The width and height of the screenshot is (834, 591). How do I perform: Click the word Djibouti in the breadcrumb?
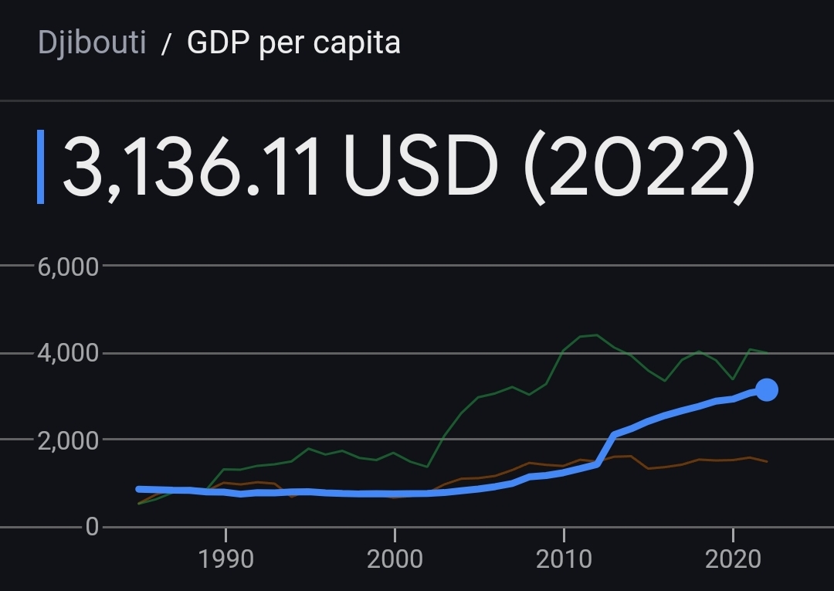point(92,43)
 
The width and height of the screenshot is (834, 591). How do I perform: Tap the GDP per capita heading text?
point(293,43)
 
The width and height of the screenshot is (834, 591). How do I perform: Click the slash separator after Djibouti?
point(165,45)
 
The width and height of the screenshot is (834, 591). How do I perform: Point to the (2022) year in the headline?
point(639,166)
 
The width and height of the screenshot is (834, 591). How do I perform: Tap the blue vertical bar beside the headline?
point(41,167)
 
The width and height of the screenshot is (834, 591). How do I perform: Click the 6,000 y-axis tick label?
point(68,267)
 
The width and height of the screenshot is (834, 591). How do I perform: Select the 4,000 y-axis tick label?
point(68,354)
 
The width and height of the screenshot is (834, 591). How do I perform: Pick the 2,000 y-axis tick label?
point(68,440)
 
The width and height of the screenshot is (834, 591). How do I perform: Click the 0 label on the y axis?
point(92,528)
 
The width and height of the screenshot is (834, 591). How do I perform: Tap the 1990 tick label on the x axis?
point(225,559)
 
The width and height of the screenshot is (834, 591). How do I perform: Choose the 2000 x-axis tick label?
point(394,559)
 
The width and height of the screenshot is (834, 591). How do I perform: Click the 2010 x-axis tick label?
point(564,559)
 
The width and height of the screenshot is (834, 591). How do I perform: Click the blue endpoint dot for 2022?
point(766,390)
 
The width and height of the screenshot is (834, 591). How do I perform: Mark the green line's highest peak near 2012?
point(596,335)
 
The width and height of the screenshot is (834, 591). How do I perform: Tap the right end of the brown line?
point(766,461)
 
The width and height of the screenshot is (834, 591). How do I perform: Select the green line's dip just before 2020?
point(733,379)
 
